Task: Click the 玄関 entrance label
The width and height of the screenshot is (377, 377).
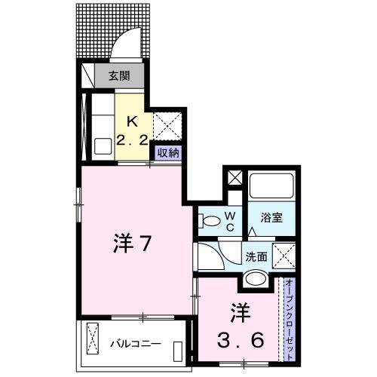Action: click(118, 75)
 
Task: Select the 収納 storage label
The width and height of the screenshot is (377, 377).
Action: click(167, 152)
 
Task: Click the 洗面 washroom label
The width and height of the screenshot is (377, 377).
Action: click(256, 256)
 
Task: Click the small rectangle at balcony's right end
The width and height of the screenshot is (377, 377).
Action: click(177, 352)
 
